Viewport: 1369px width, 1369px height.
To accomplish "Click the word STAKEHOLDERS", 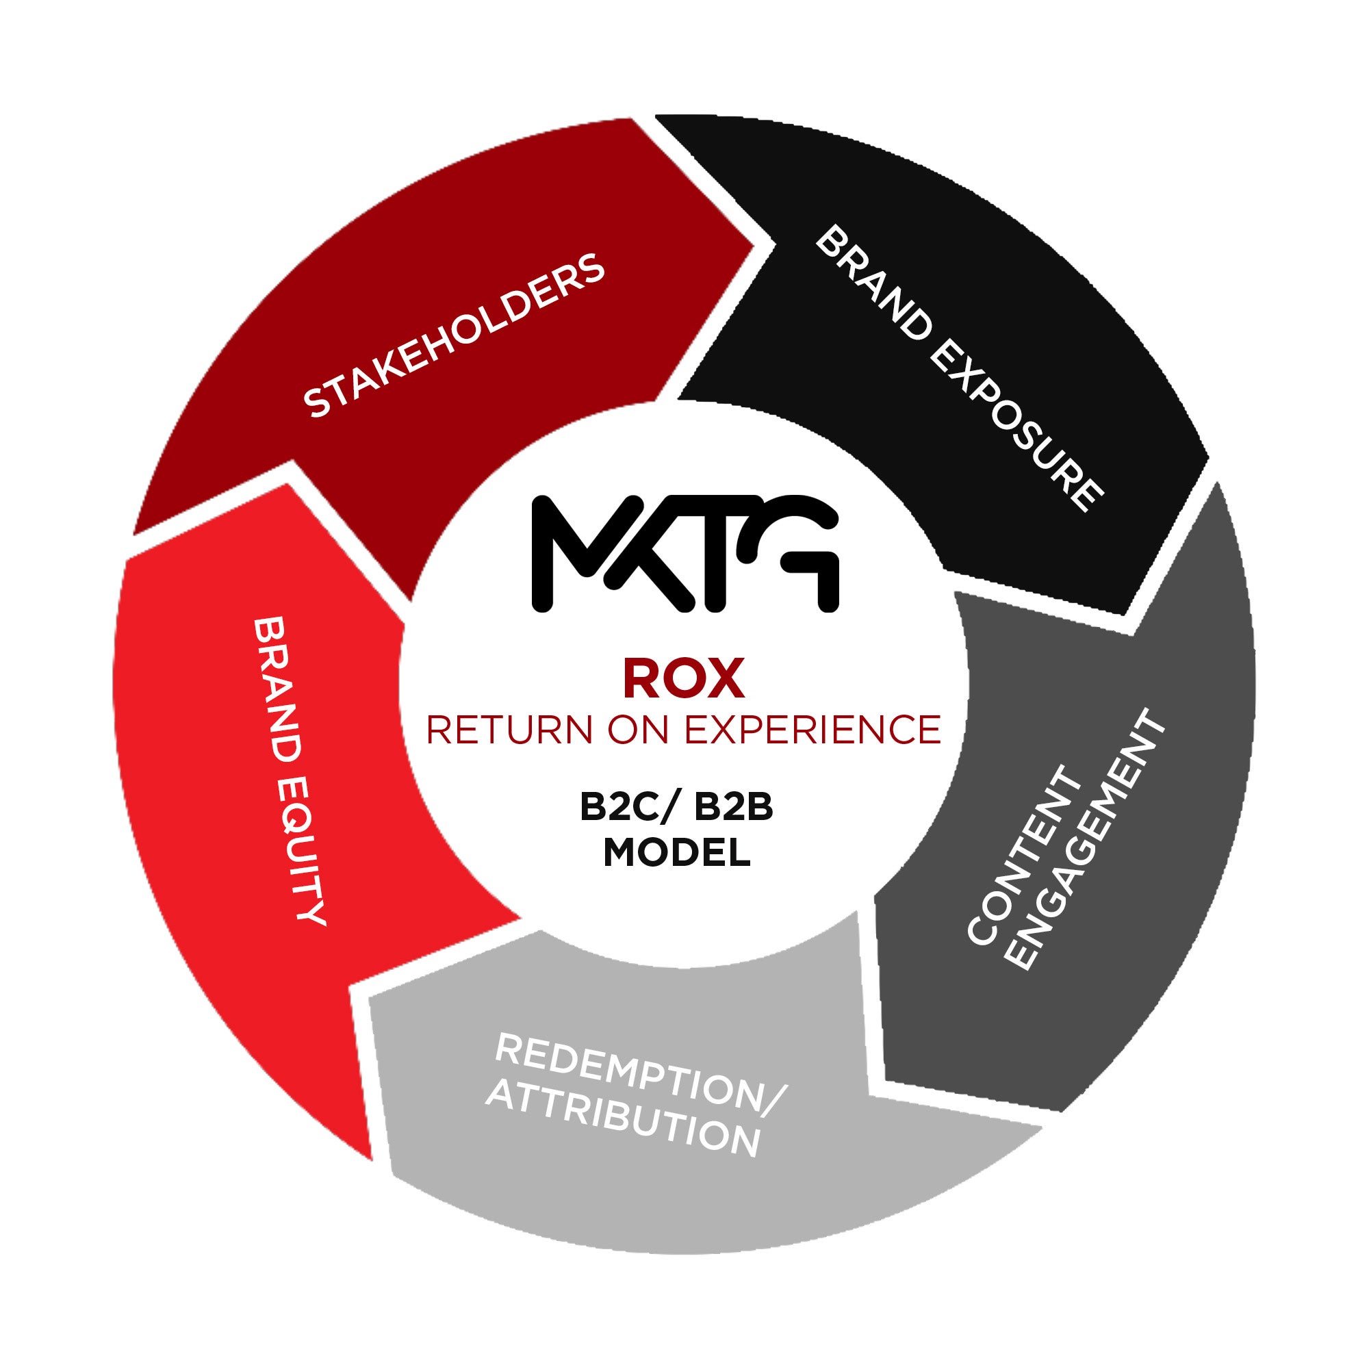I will coord(454,336).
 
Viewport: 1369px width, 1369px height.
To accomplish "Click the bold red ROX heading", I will coord(683,679).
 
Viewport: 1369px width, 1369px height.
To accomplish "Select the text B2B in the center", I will coord(733,808).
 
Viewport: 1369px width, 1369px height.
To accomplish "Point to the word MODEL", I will coord(677,852).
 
